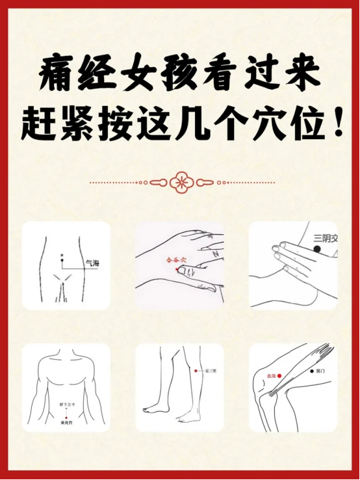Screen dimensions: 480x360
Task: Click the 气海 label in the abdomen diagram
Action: pos(92,264)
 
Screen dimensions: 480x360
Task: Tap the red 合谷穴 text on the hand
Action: pos(175,260)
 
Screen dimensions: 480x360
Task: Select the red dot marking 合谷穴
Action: pos(177,269)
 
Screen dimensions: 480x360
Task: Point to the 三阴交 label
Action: pos(326,239)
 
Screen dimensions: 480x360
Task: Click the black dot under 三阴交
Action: pos(317,250)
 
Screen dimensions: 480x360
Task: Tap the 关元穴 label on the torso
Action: pos(66,423)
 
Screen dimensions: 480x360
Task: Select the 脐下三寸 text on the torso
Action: pos(66,404)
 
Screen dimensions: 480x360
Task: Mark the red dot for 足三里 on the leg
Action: pos(196,371)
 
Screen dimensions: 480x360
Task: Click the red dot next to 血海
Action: pos(279,376)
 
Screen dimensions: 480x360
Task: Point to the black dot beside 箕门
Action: pos(309,371)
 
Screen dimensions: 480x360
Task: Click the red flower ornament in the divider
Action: pos(179,182)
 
